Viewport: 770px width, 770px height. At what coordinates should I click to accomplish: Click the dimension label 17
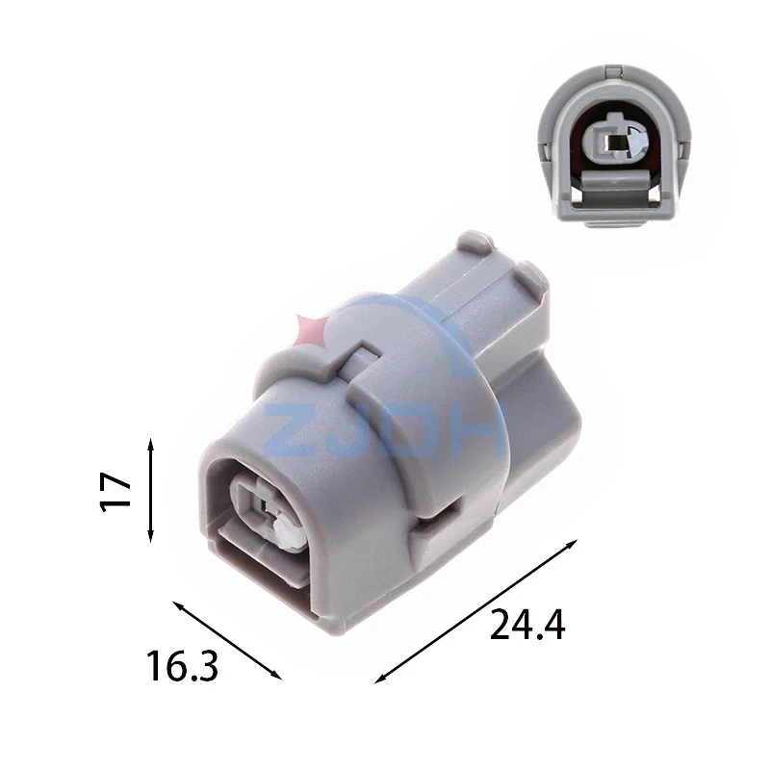(x=115, y=492)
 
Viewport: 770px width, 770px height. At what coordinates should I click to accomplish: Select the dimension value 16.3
(x=182, y=665)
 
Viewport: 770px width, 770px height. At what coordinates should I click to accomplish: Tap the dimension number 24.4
(x=527, y=625)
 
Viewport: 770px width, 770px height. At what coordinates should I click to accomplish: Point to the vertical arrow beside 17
(x=151, y=491)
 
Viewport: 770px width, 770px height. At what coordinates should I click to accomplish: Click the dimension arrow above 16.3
(x=227, y=640)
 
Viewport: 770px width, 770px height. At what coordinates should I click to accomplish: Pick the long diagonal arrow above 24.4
(x=475, y=611)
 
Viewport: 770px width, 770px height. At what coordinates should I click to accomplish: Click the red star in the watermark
(x=310, y=329)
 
